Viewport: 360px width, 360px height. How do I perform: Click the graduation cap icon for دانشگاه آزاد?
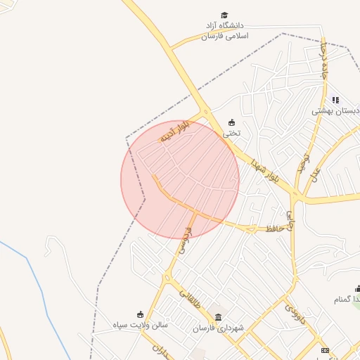tap(224, 15)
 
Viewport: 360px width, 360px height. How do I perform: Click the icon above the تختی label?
tap(231, 122)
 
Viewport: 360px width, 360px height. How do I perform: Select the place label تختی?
tap(231, 132)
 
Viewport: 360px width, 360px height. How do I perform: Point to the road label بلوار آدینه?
tap(176, 134)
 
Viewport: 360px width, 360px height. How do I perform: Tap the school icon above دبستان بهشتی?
tap(335, 101)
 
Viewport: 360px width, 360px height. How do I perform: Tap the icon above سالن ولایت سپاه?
tap(140, 314)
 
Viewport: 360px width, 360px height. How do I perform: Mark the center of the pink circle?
tap(180, 179)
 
